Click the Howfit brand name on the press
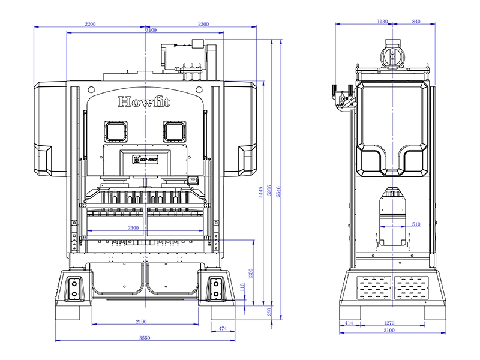tap(143, 101)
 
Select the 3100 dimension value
tap(151, 30)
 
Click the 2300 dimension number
tap(133, 228)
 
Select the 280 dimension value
tap(269, 312)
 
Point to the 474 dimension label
tap(223, 328)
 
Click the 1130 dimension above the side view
tap(382, 22)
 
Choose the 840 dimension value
tap(416, 22)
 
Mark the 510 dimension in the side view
tap(416, 224)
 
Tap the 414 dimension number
tap(349, 323)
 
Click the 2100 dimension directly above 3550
tap(141, 322)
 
